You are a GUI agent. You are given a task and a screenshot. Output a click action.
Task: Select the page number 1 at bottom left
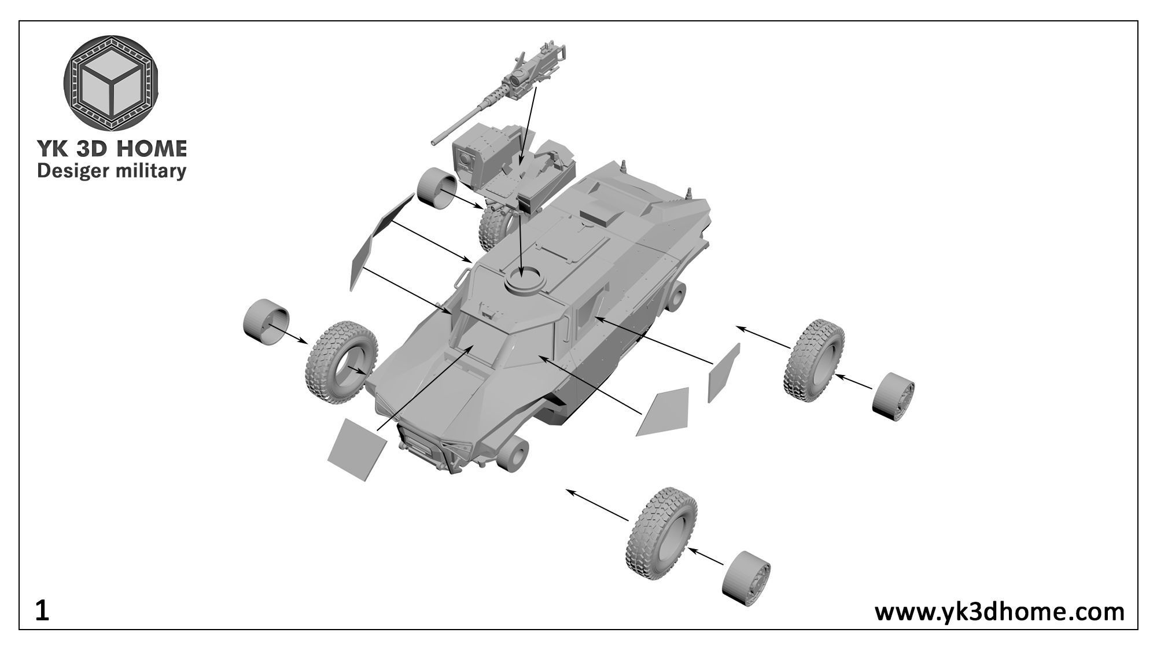click(x=42, y=611)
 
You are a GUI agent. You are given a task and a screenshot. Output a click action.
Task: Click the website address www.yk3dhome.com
click(x=999, y=611)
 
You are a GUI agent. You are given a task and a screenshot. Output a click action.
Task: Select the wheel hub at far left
click(x=266, y=322)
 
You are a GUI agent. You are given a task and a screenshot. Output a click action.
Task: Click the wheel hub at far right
click(x=893, y=397)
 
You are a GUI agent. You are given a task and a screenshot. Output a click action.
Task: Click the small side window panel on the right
click(x=723, y=373)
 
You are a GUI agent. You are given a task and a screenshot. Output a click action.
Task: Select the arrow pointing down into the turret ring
click(x=522, y=243)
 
